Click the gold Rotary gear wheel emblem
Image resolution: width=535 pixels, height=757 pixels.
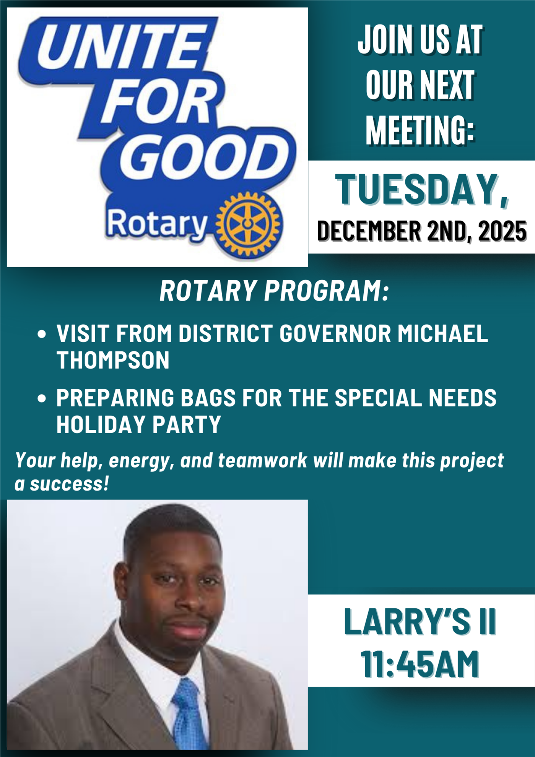pos(248,224)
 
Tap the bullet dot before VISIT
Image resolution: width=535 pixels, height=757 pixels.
pos(42,334)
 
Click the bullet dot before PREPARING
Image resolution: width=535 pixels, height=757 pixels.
pos(42,398)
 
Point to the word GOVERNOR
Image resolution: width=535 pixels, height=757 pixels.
pos(335,333)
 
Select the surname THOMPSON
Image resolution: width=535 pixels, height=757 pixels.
pos(113,360)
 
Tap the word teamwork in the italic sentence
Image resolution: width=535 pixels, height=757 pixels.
pos(263,460)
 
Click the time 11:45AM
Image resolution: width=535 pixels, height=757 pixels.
pos(420,664)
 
